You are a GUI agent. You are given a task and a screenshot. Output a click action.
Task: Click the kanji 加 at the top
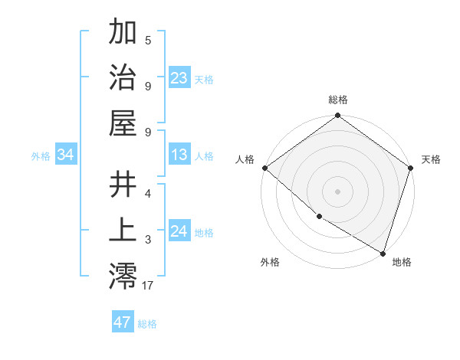(123, 32)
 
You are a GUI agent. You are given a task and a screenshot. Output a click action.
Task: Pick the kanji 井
(123, 185)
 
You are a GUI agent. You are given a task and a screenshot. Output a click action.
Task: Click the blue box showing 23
(179, 77)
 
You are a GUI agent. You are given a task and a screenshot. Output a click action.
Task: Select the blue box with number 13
(179, 155)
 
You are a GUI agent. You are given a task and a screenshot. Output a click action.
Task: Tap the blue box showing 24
(179, 231)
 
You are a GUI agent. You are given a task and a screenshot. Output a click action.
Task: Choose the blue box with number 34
(66, 155)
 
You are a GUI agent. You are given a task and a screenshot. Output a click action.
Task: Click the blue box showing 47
(123, 322)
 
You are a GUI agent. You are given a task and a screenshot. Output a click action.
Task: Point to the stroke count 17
(148, 285)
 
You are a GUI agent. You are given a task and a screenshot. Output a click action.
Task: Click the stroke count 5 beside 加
(148, 41)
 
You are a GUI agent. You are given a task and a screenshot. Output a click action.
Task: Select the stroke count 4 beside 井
(148, 195)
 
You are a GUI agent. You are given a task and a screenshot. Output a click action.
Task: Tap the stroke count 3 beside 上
(148, 240)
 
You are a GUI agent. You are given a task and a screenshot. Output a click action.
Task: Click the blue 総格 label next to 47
(147, 323)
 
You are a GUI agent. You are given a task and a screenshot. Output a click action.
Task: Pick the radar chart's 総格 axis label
(338, 100)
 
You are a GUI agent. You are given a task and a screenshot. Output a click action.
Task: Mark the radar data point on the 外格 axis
(319, 217)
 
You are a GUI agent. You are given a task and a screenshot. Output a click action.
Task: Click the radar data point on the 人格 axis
(264, 168)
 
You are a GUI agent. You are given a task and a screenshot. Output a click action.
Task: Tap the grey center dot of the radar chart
(338, 191)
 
